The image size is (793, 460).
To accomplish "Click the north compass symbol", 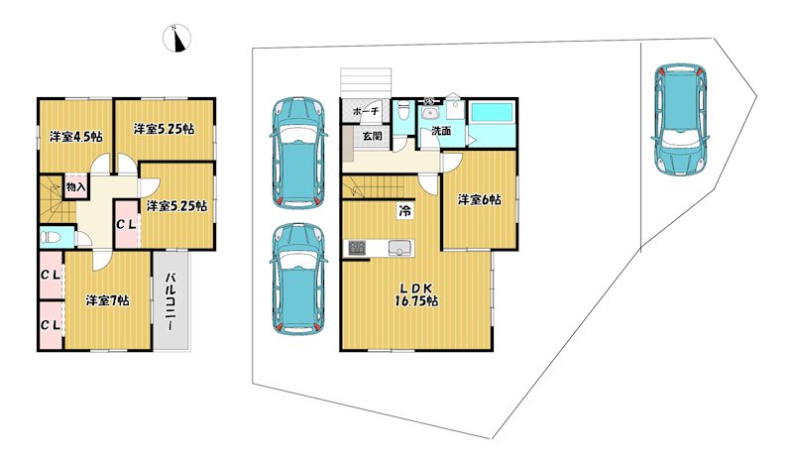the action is (177, 39).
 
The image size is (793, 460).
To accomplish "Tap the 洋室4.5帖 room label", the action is (76, 137).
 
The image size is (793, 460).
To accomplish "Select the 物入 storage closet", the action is (76, 186).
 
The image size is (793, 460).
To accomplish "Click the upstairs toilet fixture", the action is (50, 237).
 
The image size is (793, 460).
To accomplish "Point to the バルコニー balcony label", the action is (171, 301).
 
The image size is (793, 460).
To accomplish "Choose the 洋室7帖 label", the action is (107, 300).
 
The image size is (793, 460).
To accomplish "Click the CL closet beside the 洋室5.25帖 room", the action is (126, 224).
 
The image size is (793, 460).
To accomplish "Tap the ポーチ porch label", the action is (366, 111).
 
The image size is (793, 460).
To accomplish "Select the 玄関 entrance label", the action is (373, 136).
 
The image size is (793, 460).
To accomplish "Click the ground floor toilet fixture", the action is (403, 110).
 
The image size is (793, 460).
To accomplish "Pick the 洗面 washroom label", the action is (441, 131).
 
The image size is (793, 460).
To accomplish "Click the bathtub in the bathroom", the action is (492, 112).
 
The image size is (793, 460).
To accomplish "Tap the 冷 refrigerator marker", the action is (405, 210).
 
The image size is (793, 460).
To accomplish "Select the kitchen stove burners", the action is (356, 248).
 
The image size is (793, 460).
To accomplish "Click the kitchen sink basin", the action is (401, 248).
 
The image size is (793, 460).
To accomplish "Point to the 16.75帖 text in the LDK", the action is (416, 301).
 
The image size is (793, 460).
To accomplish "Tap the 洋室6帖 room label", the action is (480, 200).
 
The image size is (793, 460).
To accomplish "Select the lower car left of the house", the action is (298, 279).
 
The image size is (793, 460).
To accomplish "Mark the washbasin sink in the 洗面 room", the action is (430, 112).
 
